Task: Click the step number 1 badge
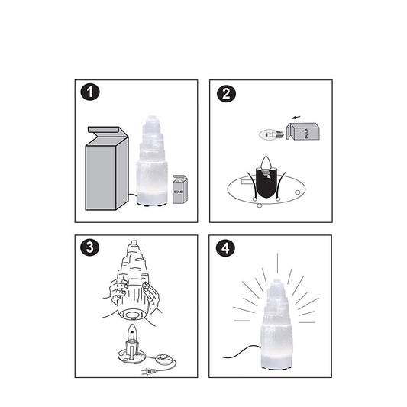(x=90, y=92)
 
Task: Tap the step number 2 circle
(x=226, y=93)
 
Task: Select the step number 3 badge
(x=90, y=247)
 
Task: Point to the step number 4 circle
(x=225, y=247)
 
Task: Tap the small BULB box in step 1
(x=180, y=189)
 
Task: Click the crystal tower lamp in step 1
(x=152, y=161)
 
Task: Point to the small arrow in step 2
(x=297, y=118)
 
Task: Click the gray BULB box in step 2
(x=303, y=131)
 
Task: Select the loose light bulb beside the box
(x=271, y=134)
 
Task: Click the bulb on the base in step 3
(x=132, y=333)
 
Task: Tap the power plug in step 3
(x=149, y=372)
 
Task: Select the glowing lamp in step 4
(x=276, y=324)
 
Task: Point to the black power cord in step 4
(x=242, y=352)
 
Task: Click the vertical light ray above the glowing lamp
(x=277, y=263)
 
